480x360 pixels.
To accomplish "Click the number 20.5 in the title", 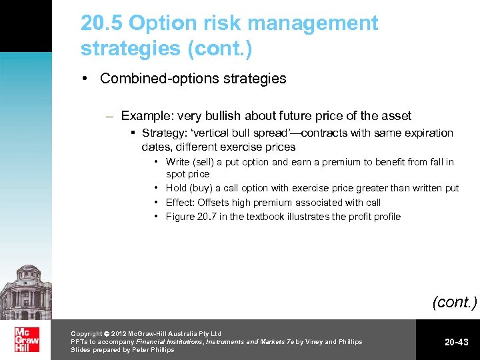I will pos(102,24).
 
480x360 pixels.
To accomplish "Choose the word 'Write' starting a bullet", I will pos(178,162).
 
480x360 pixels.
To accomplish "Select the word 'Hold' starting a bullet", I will pos(177,188).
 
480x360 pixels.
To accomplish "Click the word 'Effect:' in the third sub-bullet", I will pos(181,203).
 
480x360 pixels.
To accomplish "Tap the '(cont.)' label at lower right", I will pos(455,302).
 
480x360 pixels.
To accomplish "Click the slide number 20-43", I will pos(457,342).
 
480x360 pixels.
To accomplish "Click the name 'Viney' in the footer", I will pos(312,341).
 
